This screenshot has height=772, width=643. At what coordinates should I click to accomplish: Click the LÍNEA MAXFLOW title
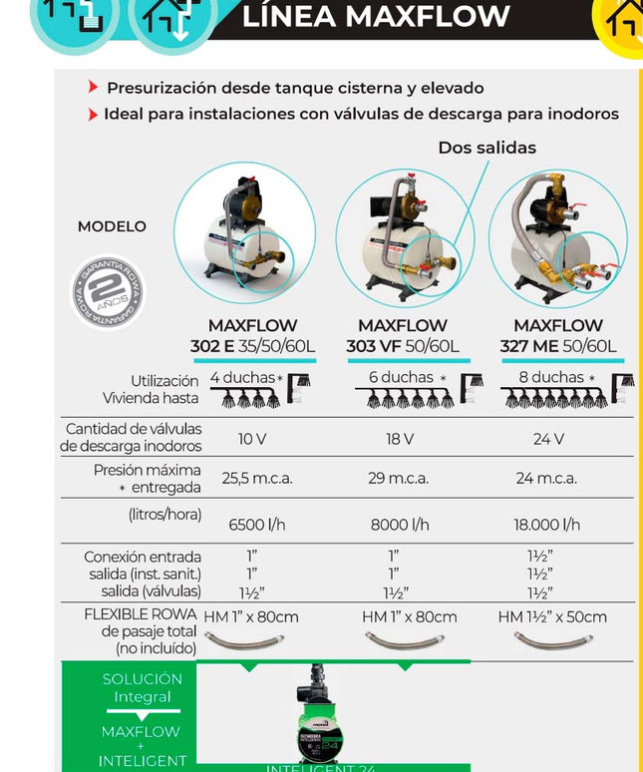(376, 17)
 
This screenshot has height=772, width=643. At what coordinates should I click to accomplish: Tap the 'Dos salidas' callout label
(486, 148)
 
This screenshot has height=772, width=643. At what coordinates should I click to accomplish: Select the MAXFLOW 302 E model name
(252, 336)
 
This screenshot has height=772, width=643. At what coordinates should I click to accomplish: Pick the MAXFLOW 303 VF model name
(403, 336)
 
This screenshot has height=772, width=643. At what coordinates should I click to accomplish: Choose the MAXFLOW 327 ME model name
(558, 336)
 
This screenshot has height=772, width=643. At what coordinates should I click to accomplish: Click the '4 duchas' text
(242, 378)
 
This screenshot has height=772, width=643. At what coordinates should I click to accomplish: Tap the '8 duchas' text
(551, 378)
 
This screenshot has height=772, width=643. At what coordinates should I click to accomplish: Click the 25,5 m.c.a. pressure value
(256, 478)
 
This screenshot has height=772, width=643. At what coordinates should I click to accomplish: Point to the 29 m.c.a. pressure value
(398, 478)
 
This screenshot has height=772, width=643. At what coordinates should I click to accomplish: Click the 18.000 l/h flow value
(546, 525)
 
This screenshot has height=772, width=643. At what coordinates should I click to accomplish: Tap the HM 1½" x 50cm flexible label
(552, 617)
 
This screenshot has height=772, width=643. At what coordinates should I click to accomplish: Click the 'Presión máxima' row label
(147, 470)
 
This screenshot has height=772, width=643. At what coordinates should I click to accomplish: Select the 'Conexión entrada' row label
(143, 557)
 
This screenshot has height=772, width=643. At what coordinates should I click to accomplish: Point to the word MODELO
(112, 226)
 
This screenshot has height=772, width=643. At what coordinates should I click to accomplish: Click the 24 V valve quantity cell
(548, 439)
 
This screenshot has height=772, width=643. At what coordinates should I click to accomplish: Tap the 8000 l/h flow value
(400, 525)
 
